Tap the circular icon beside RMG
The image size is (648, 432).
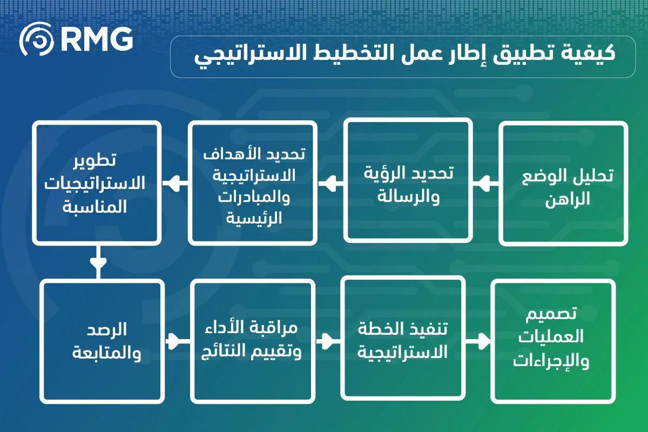click(x=37, y=39)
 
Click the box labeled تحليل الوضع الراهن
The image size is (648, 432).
click(x=563, y=184)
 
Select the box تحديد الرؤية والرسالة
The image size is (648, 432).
click(x=408, y=180)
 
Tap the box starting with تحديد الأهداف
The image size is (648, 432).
click(x=253, y=183)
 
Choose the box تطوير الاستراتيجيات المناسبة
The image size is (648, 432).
click(x=97, y=183)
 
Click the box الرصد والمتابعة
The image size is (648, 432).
click(x=102, y=341)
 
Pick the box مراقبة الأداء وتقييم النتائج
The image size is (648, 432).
click(x=253, y=341)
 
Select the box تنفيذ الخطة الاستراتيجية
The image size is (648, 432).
click(x=403, y=338)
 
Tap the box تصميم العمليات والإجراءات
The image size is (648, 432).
click(x=553, y=341)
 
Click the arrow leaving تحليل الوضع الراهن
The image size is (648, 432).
click(x=485, y=184)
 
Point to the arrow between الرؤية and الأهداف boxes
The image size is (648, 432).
click(x=330, y=184)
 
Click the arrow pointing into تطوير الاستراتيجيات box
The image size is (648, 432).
click(x=175, y=183)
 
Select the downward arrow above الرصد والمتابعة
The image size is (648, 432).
click(x=98, y=262)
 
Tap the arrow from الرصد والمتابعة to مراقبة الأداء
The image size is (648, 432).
click(x=177, y=341)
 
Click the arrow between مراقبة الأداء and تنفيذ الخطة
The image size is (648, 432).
click(x=328, y=341)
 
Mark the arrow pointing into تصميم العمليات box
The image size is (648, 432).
click(x=478, y=341)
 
